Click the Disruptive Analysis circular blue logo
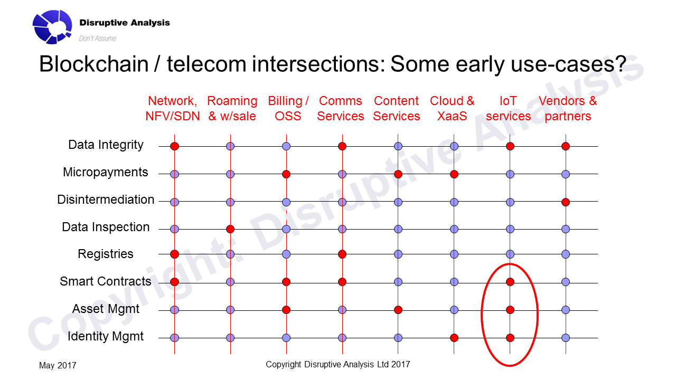click(x=52, y=27)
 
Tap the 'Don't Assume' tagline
click(x=98, y=39)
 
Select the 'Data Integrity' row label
click(x=106, y=145)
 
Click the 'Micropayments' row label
click(x=105, y=173)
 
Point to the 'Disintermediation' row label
click(x=106, y=199)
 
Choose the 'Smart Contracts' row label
click(x=105, y=281)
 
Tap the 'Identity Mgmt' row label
click(x=105, y=336)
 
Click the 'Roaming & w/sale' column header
click(x=232, y=109)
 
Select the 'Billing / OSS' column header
click(x=288, y=109)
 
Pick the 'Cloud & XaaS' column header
click(x=452, y=109)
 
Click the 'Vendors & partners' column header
click(x=568, y=109)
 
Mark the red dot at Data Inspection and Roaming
click(x=230, y=229)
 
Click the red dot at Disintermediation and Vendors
click(x=566, y=202)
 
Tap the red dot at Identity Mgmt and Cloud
click(x=454, y=338)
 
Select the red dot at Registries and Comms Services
click(x=342, y=254)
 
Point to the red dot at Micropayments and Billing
click(x=286, y=174)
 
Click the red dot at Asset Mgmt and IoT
click(x=510, y=310)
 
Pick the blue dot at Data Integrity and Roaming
click(x=230, y=146)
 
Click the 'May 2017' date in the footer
click(x=58, y=366)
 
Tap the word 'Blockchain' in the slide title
click(x=94, y=64)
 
